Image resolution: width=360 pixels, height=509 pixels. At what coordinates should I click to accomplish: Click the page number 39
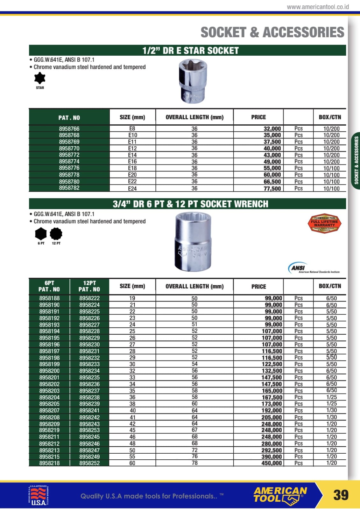coord(341,495)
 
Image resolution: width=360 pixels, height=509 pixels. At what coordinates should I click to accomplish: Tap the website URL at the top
coord(318,7)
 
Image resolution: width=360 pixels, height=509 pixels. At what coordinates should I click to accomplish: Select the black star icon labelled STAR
coord(40,78)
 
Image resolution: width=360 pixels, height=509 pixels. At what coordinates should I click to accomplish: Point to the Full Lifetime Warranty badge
coord(324,223)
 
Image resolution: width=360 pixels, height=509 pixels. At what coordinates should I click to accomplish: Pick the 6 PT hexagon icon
coord(41,234)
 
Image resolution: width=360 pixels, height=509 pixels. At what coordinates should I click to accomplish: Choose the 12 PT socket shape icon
coord(56,234)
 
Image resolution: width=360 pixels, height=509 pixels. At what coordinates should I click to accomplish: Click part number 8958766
coord(69,129)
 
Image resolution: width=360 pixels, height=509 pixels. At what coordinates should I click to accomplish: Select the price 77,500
coord(272,188)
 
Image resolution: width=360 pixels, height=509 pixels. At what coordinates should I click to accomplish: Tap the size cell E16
coord(132,162)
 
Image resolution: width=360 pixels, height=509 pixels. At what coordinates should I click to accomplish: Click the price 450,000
coord(272,463)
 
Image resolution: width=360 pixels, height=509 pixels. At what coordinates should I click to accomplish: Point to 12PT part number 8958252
coord(89,463)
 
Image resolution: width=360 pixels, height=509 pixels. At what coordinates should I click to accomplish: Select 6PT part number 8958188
coord(49,298)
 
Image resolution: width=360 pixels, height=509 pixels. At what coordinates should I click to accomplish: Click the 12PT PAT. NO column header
coord(89,286)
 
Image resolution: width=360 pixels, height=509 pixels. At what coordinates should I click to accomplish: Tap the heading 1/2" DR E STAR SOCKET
coord(190,51)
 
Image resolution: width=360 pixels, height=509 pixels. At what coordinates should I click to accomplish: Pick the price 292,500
coord(272,450)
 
